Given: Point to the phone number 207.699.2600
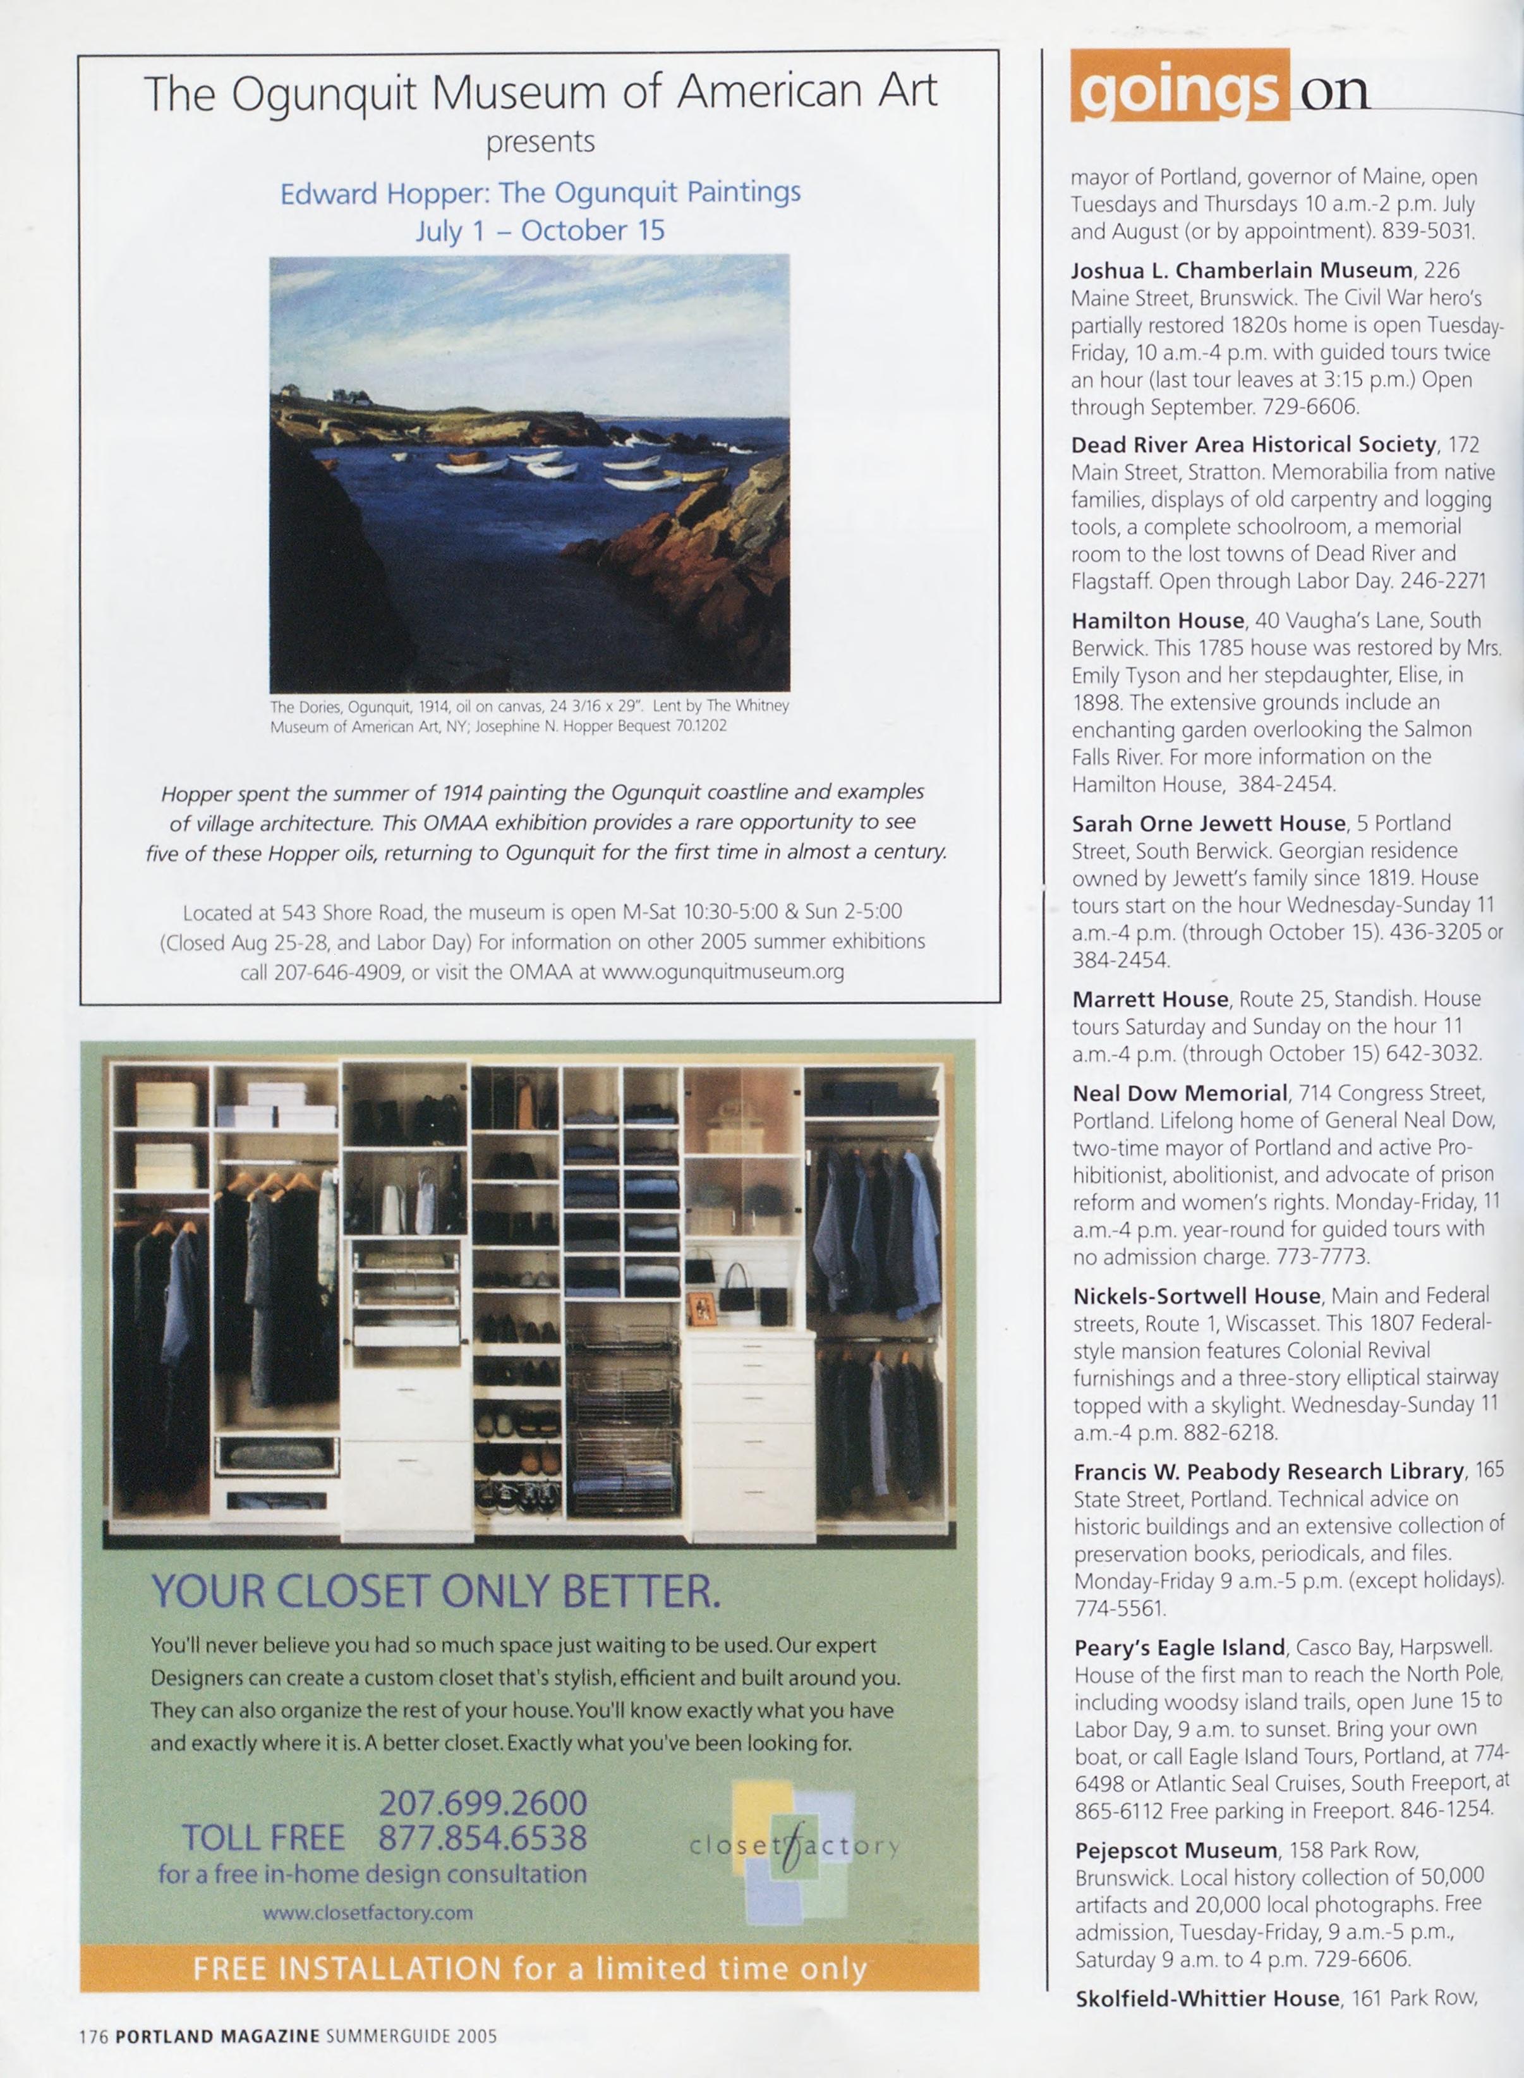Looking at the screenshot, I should click(x=483, y=1801).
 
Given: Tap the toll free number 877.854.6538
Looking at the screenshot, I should click(x=483, y=1837).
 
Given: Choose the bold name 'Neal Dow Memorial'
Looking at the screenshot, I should click(x=1180, y=1093).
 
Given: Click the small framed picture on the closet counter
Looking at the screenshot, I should click(x=702, y=1308).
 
